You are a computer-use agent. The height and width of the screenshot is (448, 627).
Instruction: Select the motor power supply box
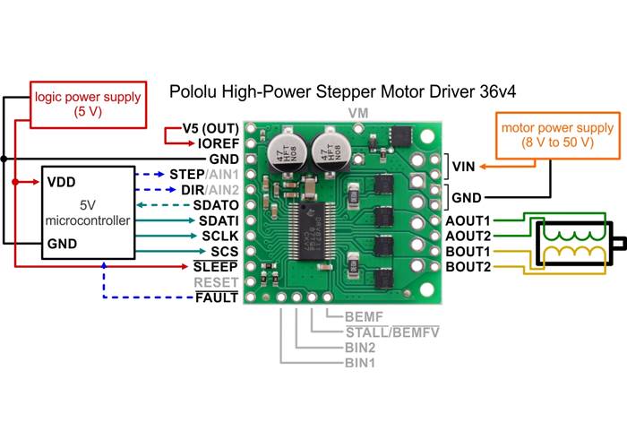pos(551,135)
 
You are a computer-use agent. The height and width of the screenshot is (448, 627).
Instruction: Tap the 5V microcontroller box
pos(86,211)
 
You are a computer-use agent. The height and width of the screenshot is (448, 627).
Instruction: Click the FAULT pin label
pos(217,297)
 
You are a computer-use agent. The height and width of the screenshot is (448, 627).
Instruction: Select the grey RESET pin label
pos(217,281)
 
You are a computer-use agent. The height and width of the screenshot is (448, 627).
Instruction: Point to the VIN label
pos(463,166)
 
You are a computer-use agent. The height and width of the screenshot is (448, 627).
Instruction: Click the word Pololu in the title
pos(194,91)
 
